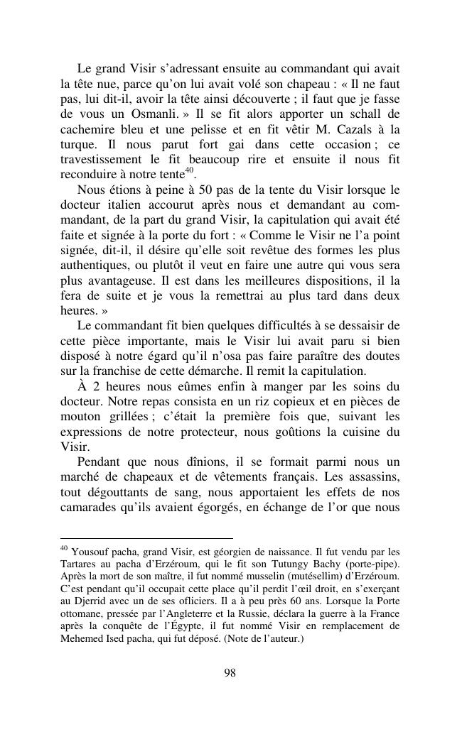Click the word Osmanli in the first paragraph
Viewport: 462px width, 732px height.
[156, 114]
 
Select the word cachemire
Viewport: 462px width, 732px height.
[88, 130]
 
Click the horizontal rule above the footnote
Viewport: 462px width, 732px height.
[146, 539]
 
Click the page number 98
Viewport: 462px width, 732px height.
[230, 674]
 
